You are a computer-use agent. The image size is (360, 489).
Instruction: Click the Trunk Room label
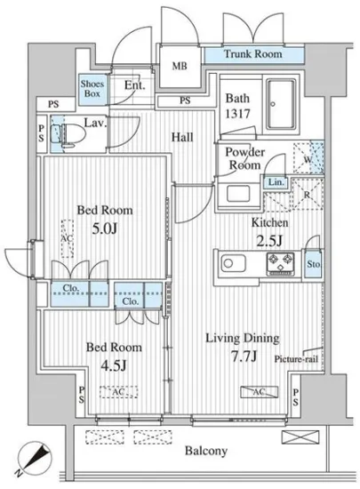[x=252, y=54]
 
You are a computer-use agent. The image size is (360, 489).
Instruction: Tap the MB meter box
[x=180, y=66]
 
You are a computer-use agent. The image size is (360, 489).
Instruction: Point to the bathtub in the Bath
[x=281, y=104]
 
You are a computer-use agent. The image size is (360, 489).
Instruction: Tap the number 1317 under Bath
[x=237, y=114]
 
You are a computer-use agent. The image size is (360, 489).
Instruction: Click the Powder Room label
[x=245, y=159]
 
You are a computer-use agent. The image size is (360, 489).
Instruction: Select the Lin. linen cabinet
[x=276, y=181]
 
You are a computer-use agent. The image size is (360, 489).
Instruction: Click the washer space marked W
[x=308, y=157]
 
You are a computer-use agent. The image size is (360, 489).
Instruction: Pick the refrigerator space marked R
[x=308, y=194]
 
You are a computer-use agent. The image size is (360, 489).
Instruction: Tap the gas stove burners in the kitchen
[x=281, y=264]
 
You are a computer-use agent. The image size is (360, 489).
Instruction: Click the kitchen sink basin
[x=234, y=263]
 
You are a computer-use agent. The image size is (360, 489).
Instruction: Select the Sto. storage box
[x=313, y=264]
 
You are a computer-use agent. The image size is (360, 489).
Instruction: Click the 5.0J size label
[x=104, y=228]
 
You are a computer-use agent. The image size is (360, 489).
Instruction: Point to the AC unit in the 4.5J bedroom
[x=118, y=392]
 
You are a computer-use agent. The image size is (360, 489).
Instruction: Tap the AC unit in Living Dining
[x=259, y=392]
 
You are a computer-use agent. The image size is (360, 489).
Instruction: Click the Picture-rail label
[x=296, y=359]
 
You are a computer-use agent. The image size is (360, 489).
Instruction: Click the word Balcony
[x=206, y=451]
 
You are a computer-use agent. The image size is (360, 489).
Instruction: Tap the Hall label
[x=182, y=137]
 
